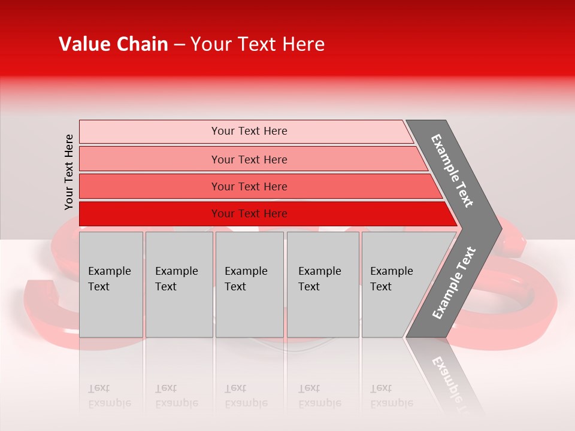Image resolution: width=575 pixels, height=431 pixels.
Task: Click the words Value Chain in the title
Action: [x=113, y=44]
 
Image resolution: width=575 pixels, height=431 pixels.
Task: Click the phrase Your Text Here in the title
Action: [x=258, y=44]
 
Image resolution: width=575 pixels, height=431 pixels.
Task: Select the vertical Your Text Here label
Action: [x=69, y=172]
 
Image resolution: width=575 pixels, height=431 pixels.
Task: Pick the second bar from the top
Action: [x=249, y=159]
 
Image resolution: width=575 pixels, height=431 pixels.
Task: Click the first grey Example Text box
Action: [x=111, y=284]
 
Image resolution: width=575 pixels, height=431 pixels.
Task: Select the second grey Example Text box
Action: [x=178, y=284]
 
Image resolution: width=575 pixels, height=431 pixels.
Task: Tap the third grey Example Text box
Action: [x=249, y=284]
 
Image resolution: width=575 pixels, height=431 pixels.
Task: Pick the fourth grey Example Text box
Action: [x=322, y=284]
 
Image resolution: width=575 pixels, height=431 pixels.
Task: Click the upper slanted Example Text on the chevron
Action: [x=452, y=171]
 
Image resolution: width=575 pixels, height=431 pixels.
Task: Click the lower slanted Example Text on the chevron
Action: [x=454, y=283]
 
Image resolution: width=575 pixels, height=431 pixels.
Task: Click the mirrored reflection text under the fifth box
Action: [x=391, y=396]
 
